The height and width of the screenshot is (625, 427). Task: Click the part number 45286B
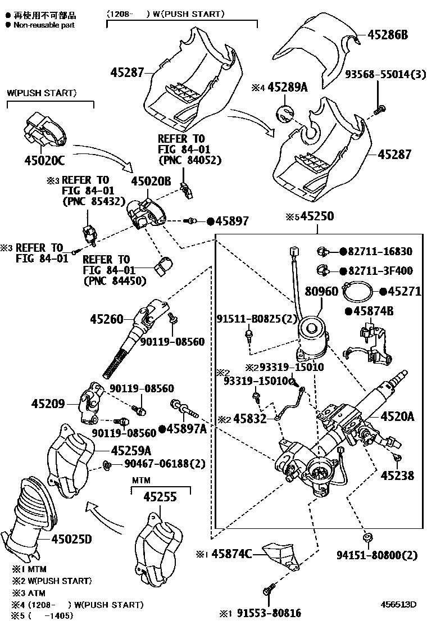point(388,35)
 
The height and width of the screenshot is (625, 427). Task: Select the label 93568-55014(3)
point(385,74)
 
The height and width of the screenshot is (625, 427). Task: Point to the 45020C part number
point(44,161)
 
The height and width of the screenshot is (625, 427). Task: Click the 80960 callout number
point(321,292)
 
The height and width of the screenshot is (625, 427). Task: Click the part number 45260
point(106,319)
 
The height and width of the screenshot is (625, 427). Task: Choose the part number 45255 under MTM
point(160,497)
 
